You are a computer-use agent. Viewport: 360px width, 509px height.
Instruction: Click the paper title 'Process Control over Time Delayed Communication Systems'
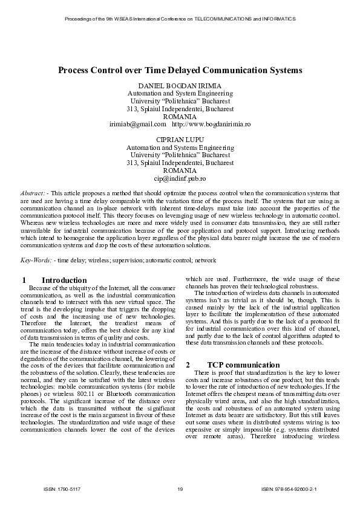pyautogui.click(x=180, y=71)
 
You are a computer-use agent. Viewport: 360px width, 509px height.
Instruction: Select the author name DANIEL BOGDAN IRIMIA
pyautogui.click(x=180, y=86)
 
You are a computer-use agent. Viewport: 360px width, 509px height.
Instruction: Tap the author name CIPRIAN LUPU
pyautogui.click(x=180, y=139)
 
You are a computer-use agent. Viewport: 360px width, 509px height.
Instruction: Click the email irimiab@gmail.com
pyautogui.click(x=137, y=124)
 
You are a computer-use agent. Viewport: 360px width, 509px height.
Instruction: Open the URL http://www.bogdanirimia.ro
pyautogui.click(x=211, y=124)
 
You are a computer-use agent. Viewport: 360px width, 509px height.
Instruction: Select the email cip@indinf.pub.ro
pyautogui.click(x=180, y=179)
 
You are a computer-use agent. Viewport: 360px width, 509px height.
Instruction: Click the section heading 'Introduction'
pyautogui.click(x=64, y=280)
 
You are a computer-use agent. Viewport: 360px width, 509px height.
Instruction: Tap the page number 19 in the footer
pyautogui.click(x=180, y=488)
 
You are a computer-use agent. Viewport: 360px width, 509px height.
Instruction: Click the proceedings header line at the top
pyautogui.click(x=180, y=19)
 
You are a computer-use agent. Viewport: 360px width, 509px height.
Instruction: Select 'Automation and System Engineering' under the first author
pyautogui.click(x=180, y=94)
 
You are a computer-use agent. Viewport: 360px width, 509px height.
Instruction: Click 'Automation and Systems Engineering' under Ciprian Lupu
pyautogui.click(x=180, y=147)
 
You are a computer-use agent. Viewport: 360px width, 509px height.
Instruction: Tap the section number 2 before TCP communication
pyautogui.click(x=188, y=365)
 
